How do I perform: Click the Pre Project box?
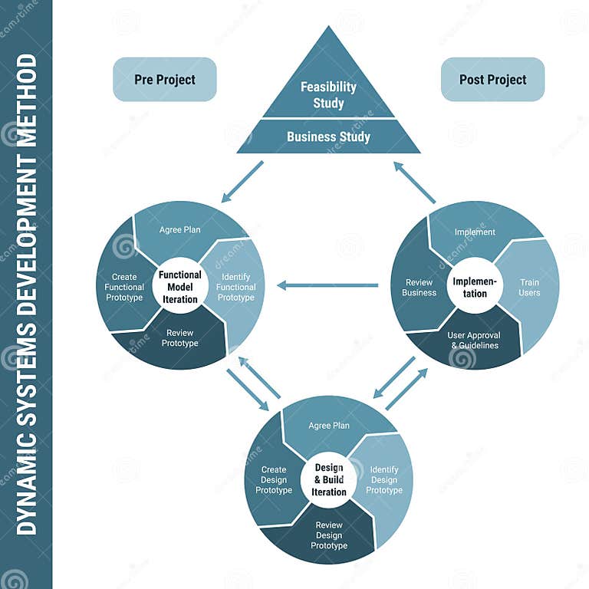[x=165, y=80]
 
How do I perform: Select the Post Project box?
[x=492, y=80]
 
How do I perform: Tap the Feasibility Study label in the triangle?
[x=328, y=95]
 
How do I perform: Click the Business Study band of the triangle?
[x=328, y=137]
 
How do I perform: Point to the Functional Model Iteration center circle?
[x=180, y=287]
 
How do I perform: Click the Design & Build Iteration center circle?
[x=329, y=479]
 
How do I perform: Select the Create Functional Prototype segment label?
[x=124, y=287]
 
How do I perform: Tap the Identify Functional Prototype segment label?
[x=235, y=287]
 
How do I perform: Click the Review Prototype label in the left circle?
[x=179, y=338]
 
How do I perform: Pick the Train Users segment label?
[x=529, y=287]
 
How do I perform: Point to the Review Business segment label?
[x=420, y=287]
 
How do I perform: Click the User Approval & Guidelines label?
[x=474, y=341]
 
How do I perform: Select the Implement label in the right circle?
[x=475, y=232]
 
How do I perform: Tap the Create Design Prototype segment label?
[x=274, y=479]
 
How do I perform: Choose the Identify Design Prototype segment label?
[x=384, y=479]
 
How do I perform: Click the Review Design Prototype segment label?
[x=329, y=535]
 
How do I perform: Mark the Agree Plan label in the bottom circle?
[x=329, y=426]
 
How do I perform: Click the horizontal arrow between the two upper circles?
[x=327, y=285]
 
